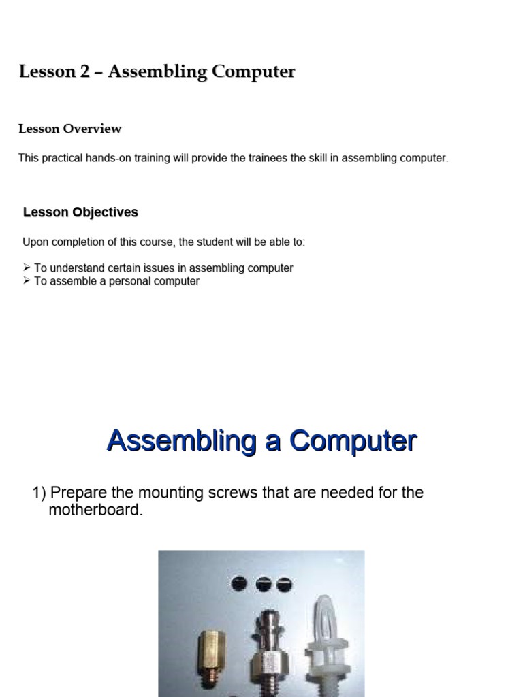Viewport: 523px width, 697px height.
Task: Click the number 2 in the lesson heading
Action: [84, 71]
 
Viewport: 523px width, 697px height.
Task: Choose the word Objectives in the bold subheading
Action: [106, 212]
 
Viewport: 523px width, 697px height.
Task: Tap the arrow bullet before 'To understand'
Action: [27, 268]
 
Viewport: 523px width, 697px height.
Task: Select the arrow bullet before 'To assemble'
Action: [27, 281]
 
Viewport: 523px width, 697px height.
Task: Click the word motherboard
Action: [95, 510]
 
